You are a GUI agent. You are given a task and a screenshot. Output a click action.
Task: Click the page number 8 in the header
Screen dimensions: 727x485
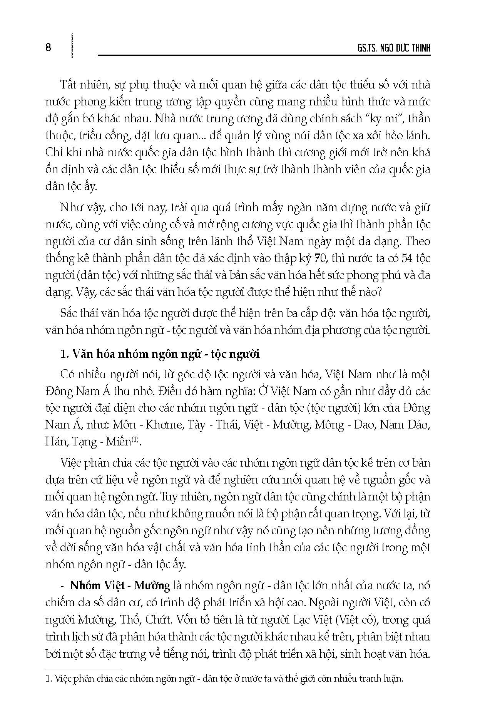48,48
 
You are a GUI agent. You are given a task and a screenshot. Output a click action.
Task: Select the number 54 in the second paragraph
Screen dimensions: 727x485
407,258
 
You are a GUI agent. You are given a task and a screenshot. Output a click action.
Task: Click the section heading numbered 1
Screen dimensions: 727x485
160,354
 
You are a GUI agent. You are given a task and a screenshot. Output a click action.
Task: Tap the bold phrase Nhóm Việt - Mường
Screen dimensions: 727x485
120,586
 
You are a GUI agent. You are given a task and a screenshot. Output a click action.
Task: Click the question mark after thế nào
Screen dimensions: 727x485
379,292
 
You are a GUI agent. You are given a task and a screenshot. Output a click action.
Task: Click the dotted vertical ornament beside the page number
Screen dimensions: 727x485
72,46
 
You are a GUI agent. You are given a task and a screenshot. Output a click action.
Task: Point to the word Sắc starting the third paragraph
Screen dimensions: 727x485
70,313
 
